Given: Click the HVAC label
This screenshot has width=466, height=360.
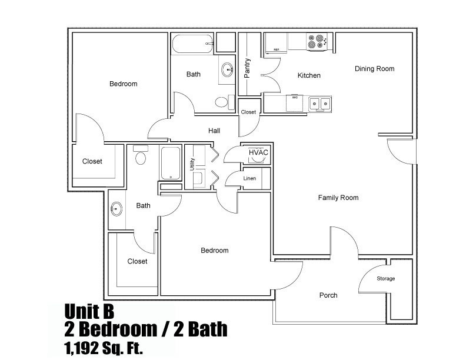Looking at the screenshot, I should tap(258, 152).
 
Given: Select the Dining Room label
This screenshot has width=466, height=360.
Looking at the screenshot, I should tap(374, 69).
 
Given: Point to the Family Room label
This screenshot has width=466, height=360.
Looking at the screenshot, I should tap(338, 198).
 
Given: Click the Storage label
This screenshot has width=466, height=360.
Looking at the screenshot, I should tap(385, 278).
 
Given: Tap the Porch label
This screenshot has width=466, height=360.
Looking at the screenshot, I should tap(328, 295).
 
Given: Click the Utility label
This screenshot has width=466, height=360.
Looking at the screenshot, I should tap(192, 165).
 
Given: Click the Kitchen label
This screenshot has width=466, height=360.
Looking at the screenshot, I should tap(309, 75).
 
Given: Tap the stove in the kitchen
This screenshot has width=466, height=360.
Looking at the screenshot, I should tap(317, 41).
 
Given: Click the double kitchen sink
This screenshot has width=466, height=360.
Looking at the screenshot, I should tap(320, 104).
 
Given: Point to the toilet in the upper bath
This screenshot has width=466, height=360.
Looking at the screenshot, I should tap(221, 102).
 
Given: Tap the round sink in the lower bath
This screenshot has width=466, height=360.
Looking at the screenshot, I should tap(116, 208).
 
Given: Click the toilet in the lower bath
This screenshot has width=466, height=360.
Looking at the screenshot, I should tap(140, 156).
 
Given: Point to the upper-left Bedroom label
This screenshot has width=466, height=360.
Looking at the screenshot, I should tap(123, 84).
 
